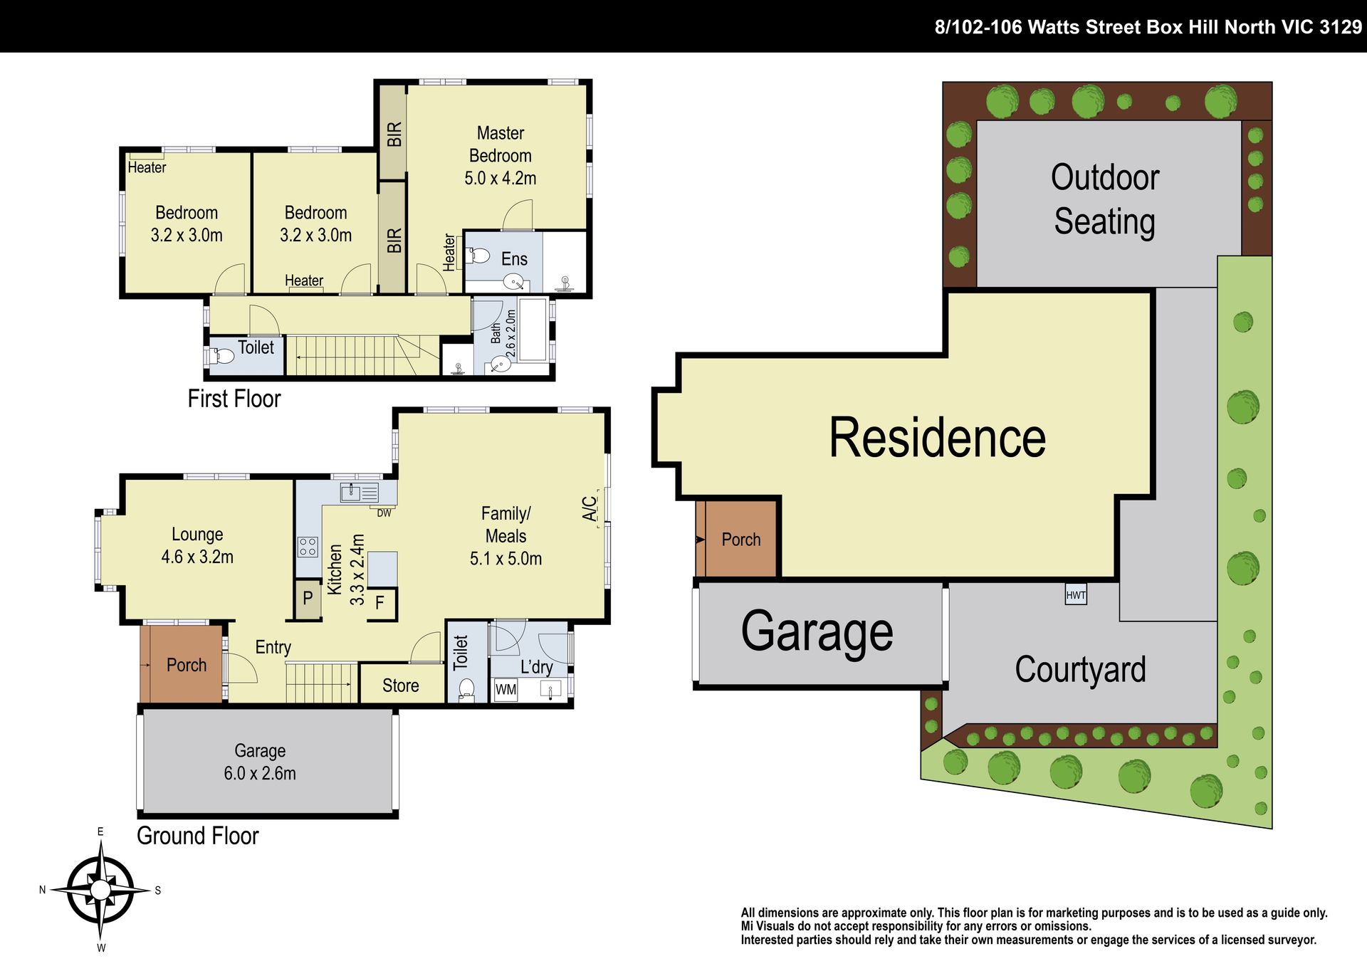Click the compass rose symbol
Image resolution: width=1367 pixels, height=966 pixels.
(x=100, y=890)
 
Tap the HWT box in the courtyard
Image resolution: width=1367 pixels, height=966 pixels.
(x=1076, y=595)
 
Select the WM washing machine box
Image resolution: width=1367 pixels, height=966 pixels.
(x=506, y=689)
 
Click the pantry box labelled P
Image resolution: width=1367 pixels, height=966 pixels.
(x=308, y=598)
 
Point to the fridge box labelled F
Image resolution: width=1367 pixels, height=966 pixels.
(x=380, y=603)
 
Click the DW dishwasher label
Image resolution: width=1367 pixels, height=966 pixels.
(x=384, y=513)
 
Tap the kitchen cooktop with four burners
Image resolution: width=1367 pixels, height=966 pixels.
(x=308, y=547)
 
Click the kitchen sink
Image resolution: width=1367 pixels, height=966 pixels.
(x=360, y=492)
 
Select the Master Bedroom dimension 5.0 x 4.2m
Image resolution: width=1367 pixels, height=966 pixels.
(x=501, y=178)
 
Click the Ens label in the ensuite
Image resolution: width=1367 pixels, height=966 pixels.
(x=514, y=259)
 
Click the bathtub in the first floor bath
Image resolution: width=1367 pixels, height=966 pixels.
(x=533, y=330)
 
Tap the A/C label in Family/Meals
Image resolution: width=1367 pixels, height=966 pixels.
(x=590, y=508)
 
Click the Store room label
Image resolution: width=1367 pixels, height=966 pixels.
(x=400, y=686)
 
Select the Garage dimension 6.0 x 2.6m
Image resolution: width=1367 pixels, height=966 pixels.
(x=260, y=773)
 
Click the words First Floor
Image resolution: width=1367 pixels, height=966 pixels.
(x=234, y=399)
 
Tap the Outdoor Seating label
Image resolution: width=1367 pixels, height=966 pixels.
(x=1105, y=199)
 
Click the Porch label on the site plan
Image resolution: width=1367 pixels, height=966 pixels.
(x=741, y=540)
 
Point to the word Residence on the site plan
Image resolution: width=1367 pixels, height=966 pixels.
(x=937, y=437)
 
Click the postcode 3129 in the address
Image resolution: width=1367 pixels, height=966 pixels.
(x=1341, y=27)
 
